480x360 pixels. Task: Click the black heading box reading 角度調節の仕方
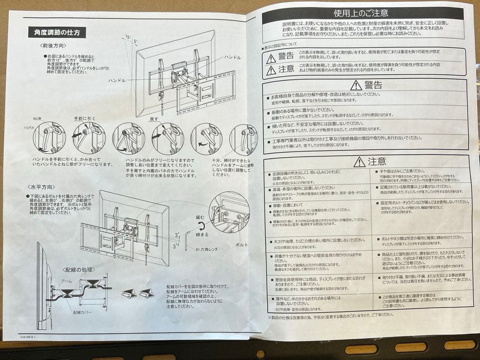pos(57,32)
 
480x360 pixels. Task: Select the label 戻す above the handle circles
pos(153,120)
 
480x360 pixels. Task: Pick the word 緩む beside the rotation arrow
pos(200,218)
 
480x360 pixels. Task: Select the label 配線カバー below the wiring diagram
pos(82,312)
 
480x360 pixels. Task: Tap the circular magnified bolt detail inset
pos(229,212)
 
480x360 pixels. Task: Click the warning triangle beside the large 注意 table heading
pos(359,162)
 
